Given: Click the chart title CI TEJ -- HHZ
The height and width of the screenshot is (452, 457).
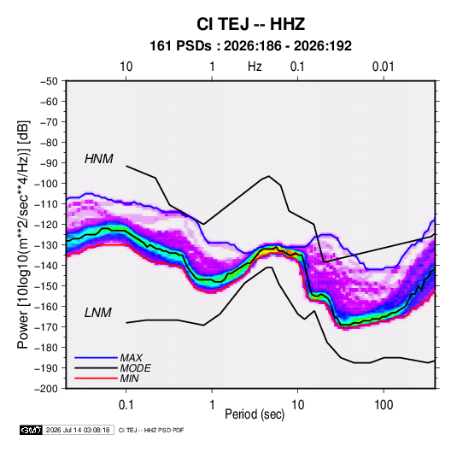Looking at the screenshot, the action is (250, 24).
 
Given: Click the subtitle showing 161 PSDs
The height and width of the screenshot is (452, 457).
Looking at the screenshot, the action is (250, 46).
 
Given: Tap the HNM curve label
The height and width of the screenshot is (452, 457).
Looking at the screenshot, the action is (99, 159).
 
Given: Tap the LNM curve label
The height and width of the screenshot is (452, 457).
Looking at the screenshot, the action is (98, 313).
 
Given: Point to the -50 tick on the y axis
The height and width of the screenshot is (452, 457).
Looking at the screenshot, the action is (49, 81).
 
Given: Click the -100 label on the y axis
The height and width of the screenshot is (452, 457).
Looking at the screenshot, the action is (46, 184).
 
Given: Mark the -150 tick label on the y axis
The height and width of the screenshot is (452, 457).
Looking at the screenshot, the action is (46, 285).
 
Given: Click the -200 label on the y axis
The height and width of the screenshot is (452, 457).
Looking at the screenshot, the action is (46, 389).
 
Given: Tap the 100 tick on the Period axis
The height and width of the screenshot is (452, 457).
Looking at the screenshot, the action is (384, 405).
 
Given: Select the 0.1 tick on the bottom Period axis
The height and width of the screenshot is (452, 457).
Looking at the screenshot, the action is (126, 405).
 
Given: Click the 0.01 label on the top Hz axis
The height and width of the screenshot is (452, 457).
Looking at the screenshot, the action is (383, 67).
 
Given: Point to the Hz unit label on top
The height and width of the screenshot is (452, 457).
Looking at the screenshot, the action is (255, 67).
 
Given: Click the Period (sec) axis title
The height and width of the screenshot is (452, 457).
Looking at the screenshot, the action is (255, 414).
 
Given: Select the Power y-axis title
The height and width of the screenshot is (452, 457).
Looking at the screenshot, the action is (23, 234).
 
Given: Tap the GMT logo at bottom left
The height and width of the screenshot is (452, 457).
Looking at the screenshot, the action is (32, 430).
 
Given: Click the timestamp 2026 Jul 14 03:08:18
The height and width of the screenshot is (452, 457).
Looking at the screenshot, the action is (78, 430).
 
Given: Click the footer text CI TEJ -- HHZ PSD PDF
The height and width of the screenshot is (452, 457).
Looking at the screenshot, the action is (151, 430).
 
